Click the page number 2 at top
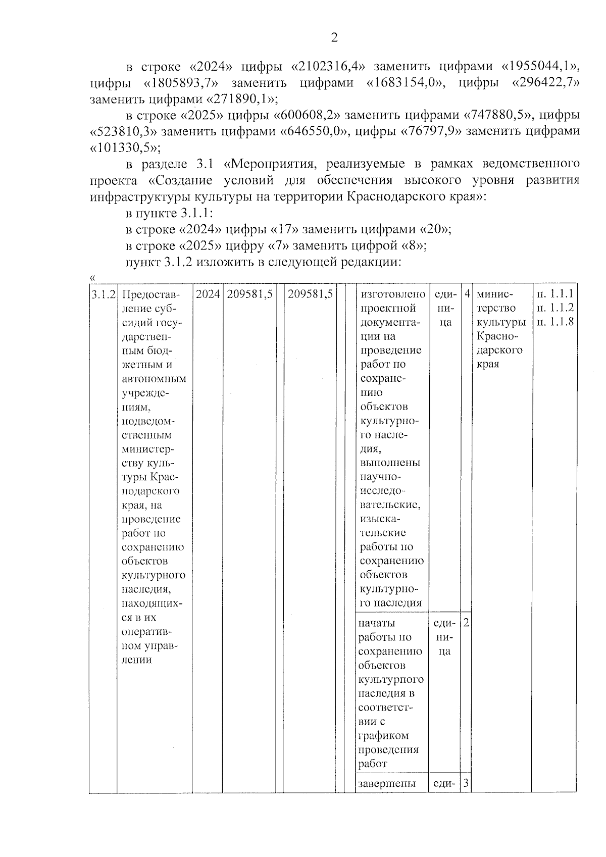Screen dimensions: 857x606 (x=333, y=37)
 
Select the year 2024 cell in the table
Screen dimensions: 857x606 (x=208, y=294)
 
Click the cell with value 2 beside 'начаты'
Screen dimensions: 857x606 (x=466, y=622)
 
